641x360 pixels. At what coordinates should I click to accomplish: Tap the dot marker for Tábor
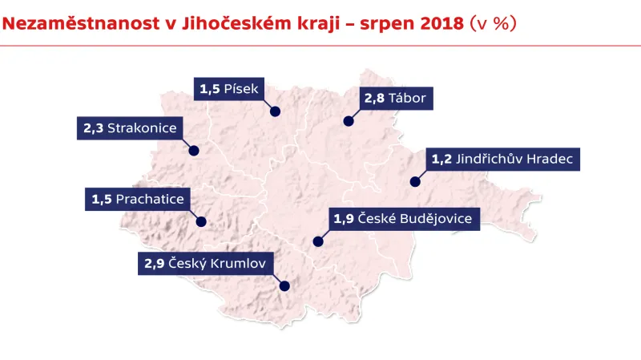pos(349,122)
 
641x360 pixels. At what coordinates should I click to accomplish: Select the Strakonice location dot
pos(194,150)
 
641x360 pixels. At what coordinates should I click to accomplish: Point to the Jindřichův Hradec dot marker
pos(415,182)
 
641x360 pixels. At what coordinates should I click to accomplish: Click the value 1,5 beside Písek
pos(210,89)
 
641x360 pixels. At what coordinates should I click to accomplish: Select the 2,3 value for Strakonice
pos(93,128)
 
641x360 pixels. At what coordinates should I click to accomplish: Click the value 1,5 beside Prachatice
pos(102,200)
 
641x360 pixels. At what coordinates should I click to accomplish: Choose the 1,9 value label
pos(344,219)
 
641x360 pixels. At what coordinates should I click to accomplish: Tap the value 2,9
pos(154,263)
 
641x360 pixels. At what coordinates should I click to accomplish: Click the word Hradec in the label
pos(549,160)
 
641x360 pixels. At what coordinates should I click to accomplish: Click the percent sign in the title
pos(502,24)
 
